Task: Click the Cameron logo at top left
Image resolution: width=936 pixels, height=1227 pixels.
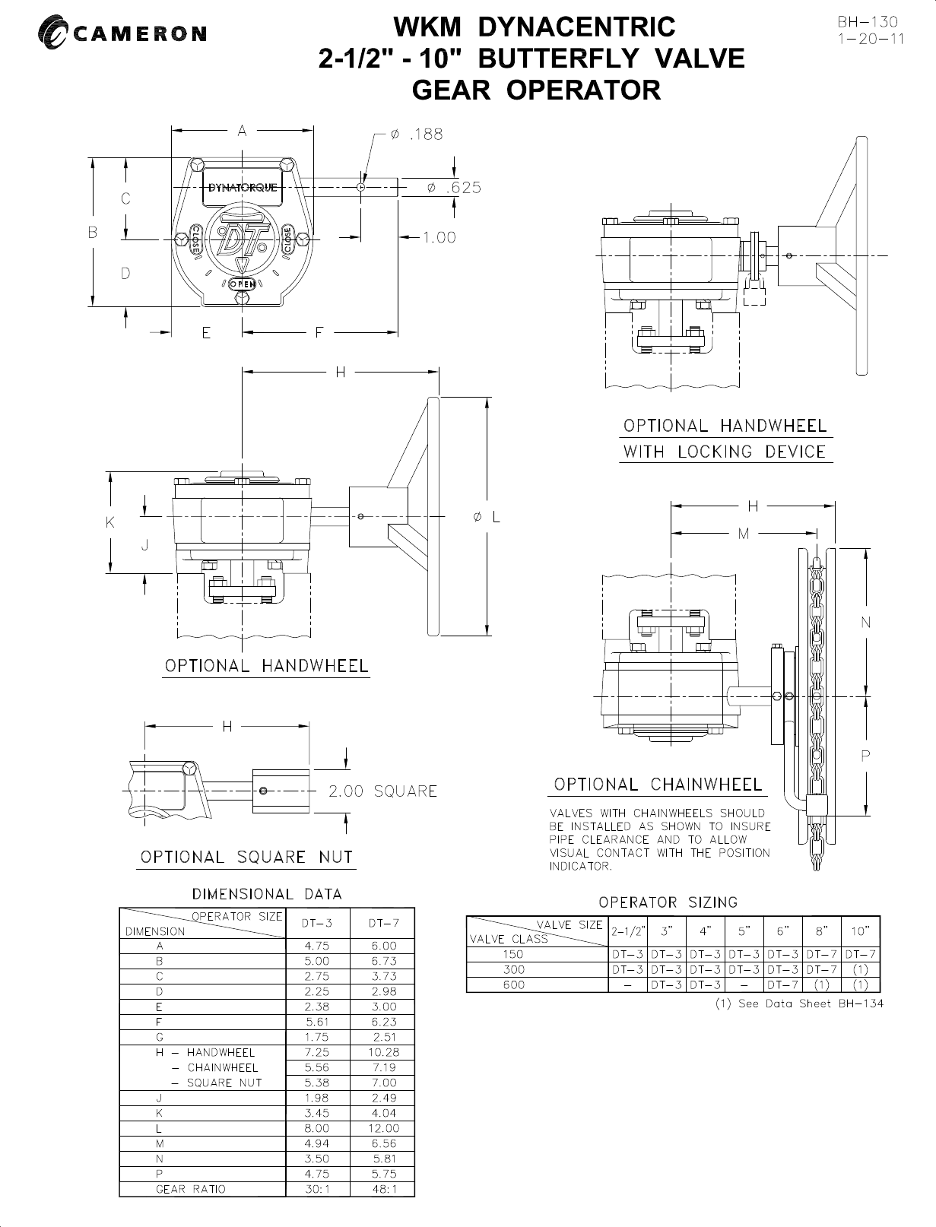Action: (x=122, y=33)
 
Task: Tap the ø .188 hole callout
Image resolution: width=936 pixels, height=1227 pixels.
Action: (x=415, y=135)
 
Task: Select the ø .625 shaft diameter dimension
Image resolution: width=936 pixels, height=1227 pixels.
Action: (x=453, y=188)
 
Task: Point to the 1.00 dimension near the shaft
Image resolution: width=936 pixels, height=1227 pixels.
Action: (x=439, y=237)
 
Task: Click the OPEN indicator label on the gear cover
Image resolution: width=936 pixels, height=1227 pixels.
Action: (x=242, y=283)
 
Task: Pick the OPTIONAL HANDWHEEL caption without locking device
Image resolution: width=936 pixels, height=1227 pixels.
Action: (x=267, y=666)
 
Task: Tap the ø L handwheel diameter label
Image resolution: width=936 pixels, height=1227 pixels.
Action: (x=485, y=517)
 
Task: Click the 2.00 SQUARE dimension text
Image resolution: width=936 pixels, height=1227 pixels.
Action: (x=382, y=791)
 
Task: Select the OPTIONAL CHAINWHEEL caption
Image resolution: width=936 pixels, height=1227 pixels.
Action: (x=657, y=784)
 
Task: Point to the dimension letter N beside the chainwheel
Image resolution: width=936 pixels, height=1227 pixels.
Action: (x=865, y=623)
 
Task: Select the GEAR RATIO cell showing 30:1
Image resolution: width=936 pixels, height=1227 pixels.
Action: (x=316, y=1189)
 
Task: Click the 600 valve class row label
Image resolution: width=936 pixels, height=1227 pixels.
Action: (x=514, y=984)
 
